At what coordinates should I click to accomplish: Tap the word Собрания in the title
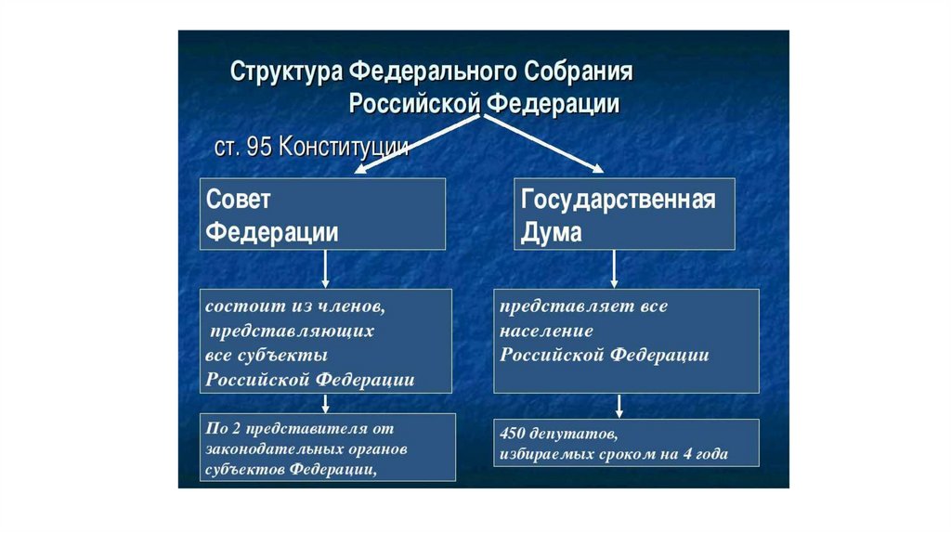click(581, 71)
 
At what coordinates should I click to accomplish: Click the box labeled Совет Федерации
click(323, 214)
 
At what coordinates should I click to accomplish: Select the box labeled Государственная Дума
click(624, 214)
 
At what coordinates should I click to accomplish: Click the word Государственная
click(618, 199)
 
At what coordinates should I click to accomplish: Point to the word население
click(546, 331)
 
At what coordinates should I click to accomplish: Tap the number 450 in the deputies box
click(514, 434)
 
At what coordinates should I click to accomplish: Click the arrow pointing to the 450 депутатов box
click(619, 405)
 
